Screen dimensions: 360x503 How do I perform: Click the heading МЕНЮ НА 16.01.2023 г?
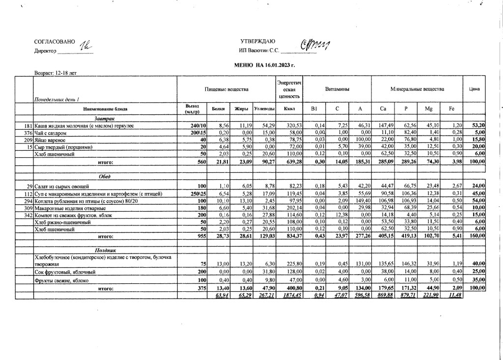pyautogui.click(x=265, y=65)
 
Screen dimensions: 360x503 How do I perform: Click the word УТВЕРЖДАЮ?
pyautogui.click(x=258, y=42)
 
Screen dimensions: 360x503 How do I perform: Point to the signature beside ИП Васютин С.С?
pyautogui.click(x=314, y=46)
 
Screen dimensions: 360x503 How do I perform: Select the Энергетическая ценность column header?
pyautogui.click(x=289, y=89)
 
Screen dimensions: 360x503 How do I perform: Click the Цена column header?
pyautogui.click(x=474, y=89)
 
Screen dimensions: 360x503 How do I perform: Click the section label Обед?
pyautogui.click(x=104, y=177)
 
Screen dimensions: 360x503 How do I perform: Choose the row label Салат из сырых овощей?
pyautogui.click(x=61, y=187)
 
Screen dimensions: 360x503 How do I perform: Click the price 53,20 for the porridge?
pyautogui.click(x=478, y=126)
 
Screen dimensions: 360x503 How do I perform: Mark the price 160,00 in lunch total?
pyautogui.click(x=477, y=236)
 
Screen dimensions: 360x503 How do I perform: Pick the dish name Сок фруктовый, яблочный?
pyautogui.click(x=64, y=272)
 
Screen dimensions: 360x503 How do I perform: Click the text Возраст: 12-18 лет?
pyautogui.click(x=55, y=73)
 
